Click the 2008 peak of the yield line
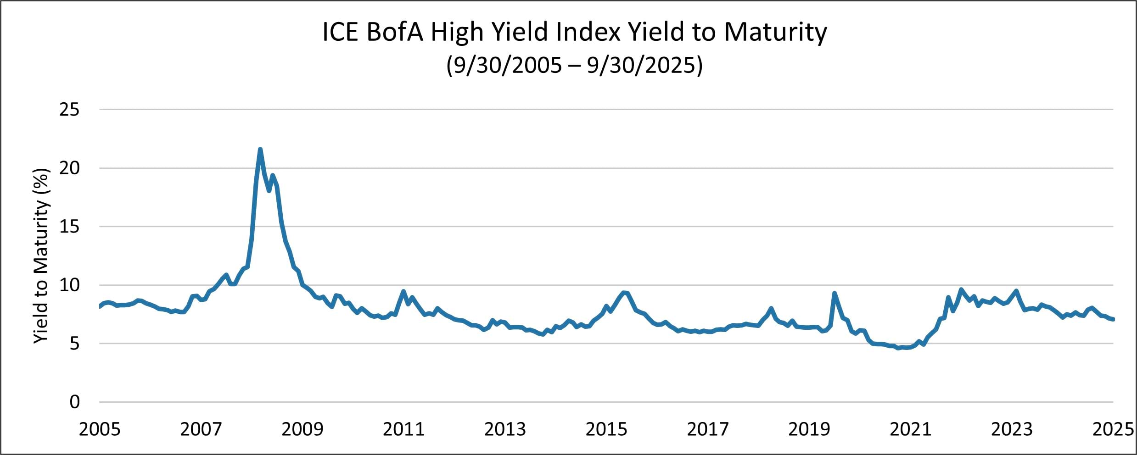(260, 150)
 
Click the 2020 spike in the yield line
(834, 293)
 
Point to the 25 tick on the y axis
(69, 110)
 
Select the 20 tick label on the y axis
(69, 168)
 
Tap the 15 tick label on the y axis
(69, 227)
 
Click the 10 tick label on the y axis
(69, 285)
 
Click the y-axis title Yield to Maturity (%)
(41, 255)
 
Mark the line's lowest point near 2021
(899, 348)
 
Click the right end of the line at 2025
(1113, 319)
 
